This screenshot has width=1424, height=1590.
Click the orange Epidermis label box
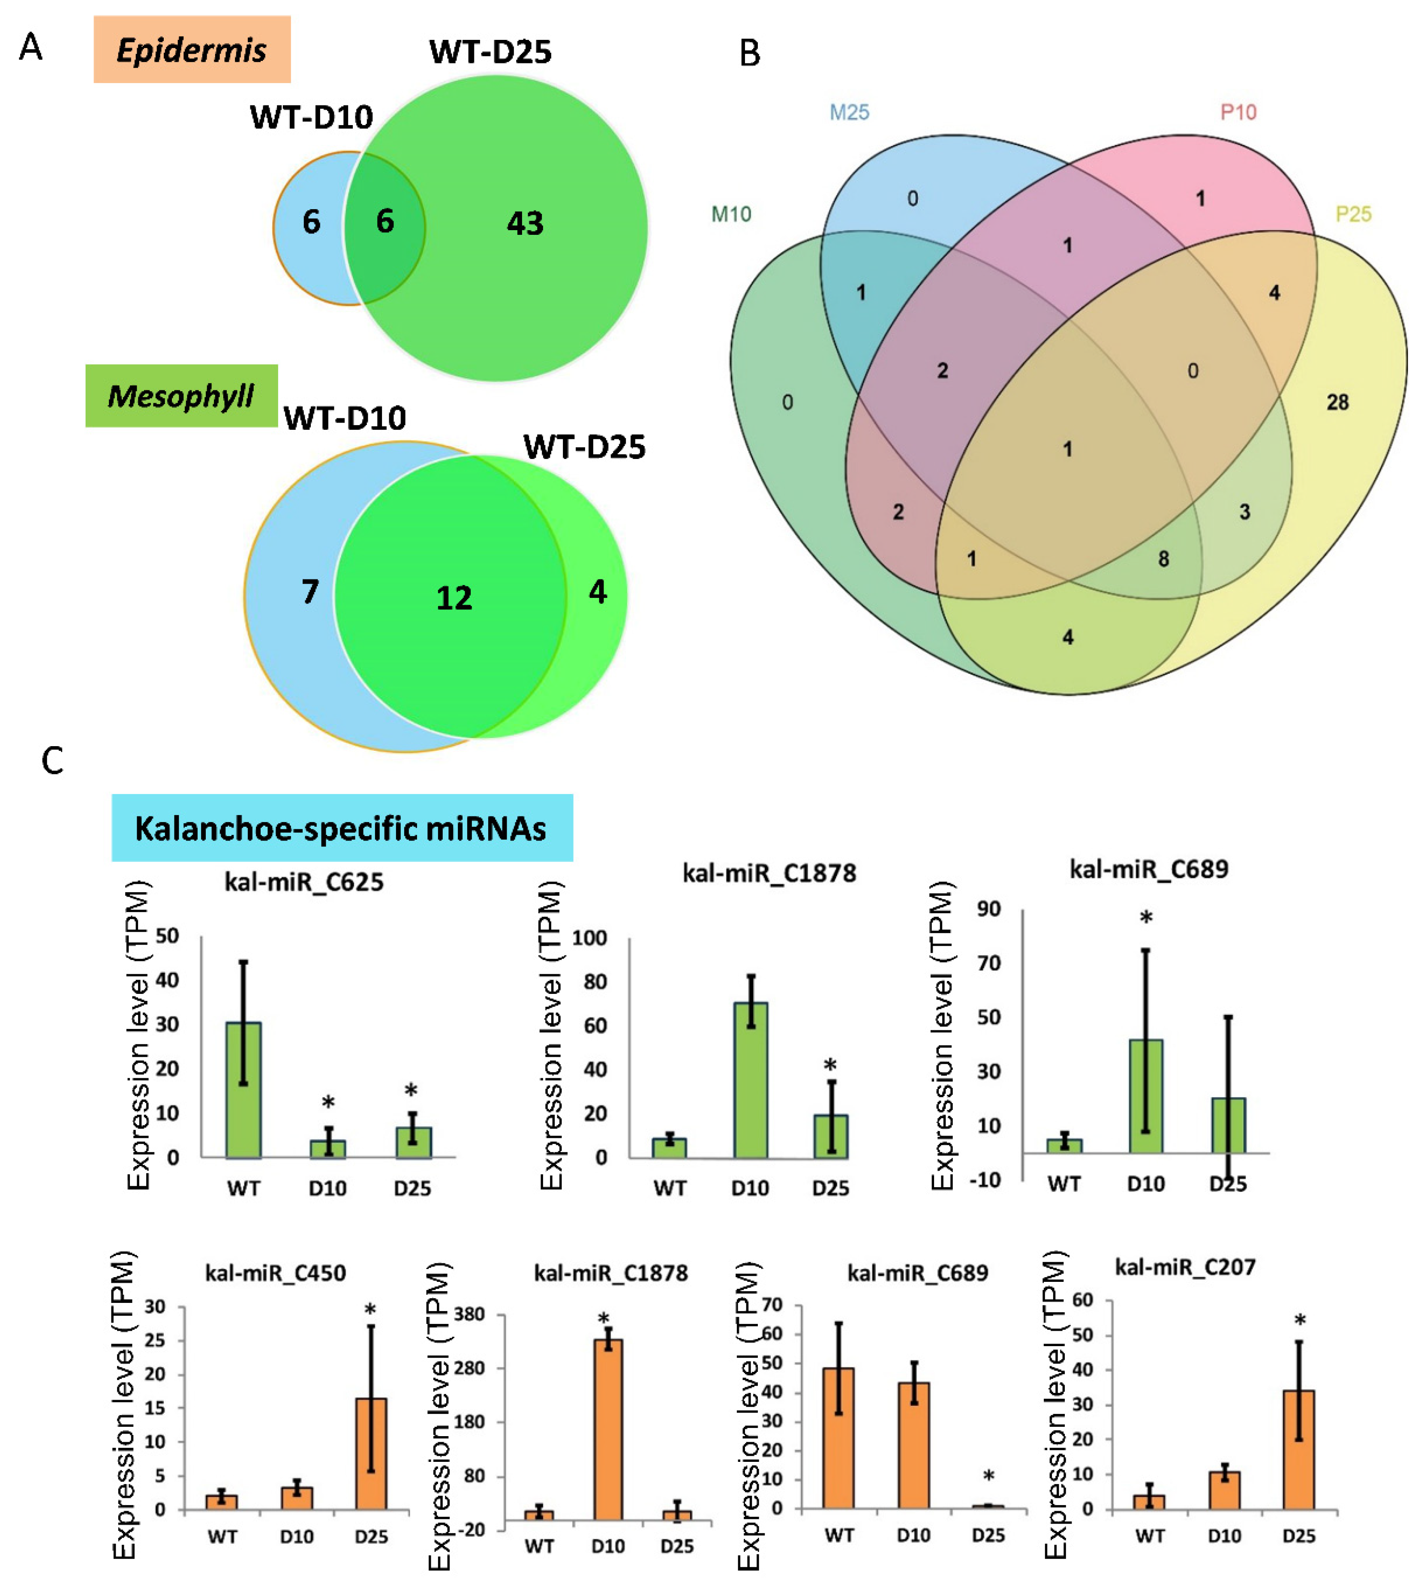192,49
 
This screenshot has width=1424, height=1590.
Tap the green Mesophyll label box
181,396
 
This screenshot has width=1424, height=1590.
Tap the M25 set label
849,113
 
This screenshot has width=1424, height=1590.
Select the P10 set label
1238,113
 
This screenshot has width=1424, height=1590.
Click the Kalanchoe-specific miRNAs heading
341,828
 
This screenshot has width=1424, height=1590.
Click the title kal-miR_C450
275,1273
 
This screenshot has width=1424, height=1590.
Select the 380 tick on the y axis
469,1315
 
